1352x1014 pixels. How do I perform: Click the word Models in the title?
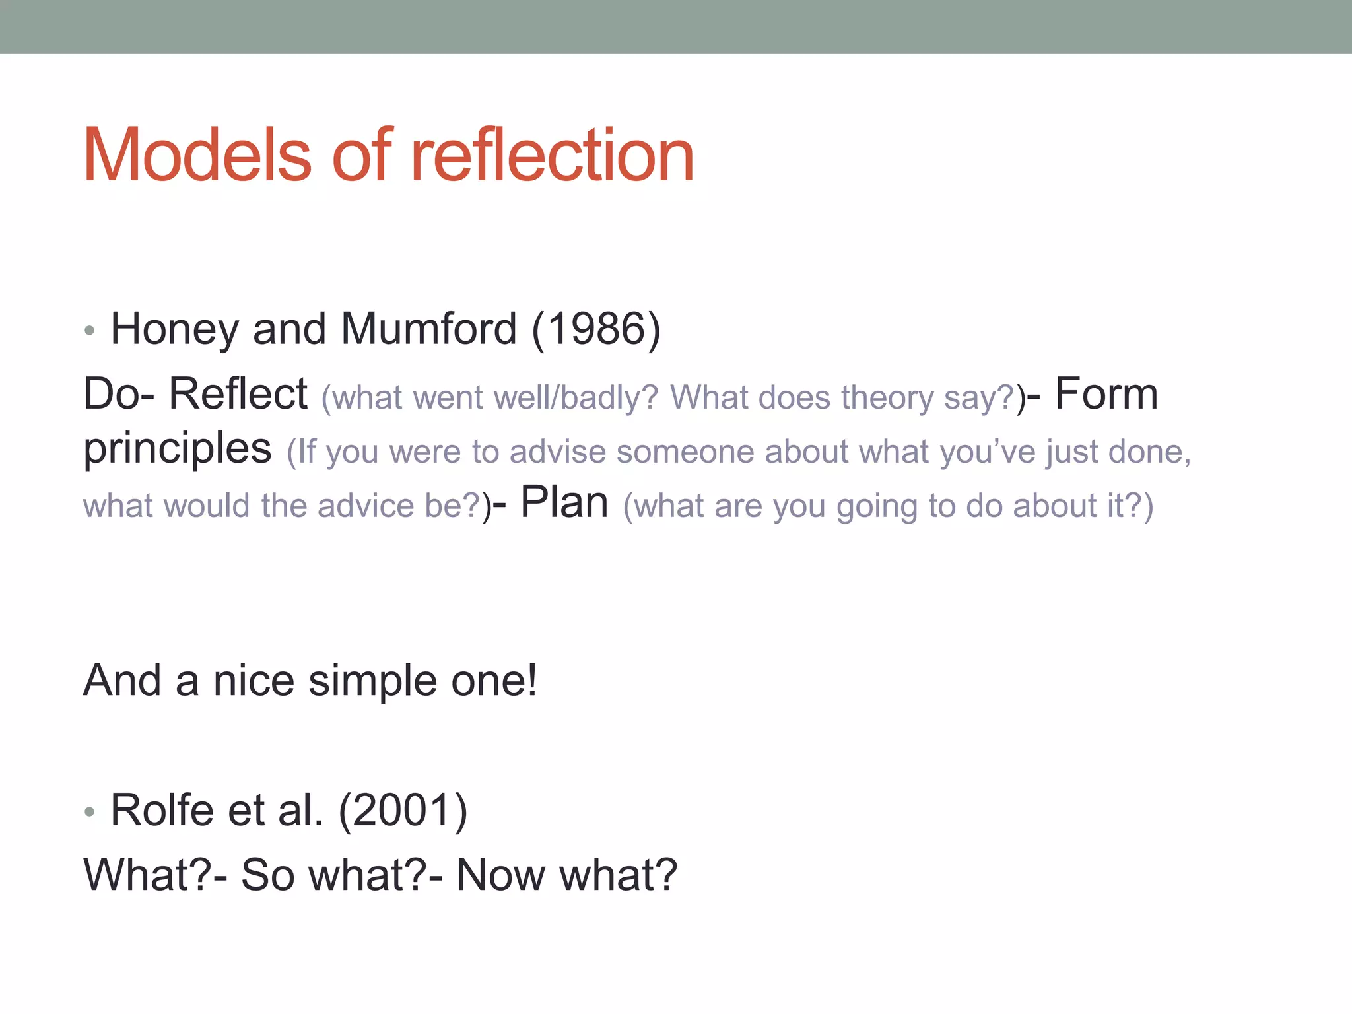coord(197,155)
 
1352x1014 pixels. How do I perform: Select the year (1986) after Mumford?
coord(595,329)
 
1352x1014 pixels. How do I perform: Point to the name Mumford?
coord(428,329)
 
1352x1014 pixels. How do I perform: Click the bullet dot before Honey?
coord(90,330)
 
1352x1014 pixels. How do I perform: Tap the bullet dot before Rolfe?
coord(90,811)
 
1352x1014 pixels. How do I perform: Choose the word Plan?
coord(564,503)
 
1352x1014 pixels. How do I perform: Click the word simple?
coord(372,681)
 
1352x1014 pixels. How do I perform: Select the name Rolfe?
coord(162,810)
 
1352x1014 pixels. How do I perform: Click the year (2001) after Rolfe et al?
coord(403,810)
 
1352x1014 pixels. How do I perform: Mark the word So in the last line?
coord(267,875)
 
